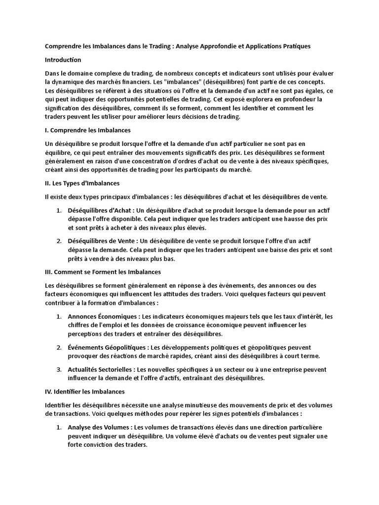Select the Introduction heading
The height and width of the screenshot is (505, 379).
[63, 60]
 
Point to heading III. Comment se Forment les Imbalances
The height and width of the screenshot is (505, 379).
[103, 272]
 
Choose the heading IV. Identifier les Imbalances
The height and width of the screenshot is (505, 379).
[84, 392]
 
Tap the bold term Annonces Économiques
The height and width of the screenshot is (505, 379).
[102, 316]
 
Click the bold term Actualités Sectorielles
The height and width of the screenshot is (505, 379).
[100, 369]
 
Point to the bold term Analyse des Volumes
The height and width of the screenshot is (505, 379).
[99, 427]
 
